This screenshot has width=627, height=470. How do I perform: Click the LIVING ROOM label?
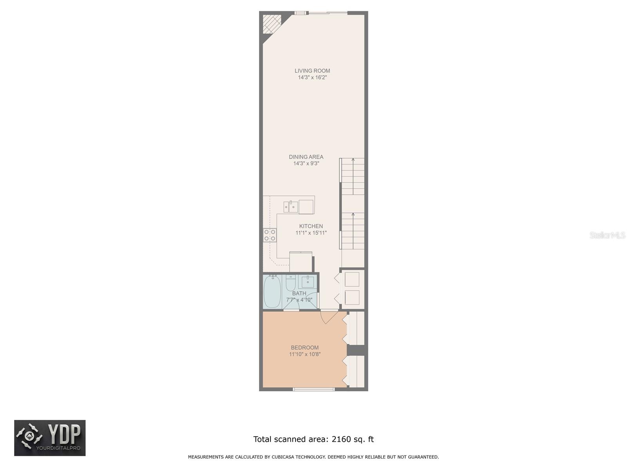[x=312, y=71]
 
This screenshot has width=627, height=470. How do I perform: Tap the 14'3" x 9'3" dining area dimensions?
[x=306, y=163]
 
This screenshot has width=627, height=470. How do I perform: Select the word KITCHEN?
[x=311, y=226]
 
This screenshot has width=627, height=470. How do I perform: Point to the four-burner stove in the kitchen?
[x=270, y=235]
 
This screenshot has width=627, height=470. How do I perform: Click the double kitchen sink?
[x=291, y=206]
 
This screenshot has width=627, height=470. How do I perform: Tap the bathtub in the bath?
[x=272, y=292]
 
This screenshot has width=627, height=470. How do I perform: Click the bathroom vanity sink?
[x=308, y=281]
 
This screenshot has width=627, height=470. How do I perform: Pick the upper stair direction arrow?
[x=353, y=160]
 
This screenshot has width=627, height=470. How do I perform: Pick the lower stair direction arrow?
[x=353, y=215]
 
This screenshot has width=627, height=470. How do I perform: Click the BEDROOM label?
[x=304, y=347]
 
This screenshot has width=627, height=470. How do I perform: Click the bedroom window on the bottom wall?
[x=314, y=389]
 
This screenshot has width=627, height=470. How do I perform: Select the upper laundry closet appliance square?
[x=352, y=280]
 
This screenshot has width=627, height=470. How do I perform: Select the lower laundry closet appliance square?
[x=352, y=298]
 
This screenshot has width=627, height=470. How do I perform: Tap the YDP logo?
[x=50, y=438]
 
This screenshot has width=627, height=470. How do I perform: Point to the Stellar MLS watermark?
[x=607, y=235]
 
